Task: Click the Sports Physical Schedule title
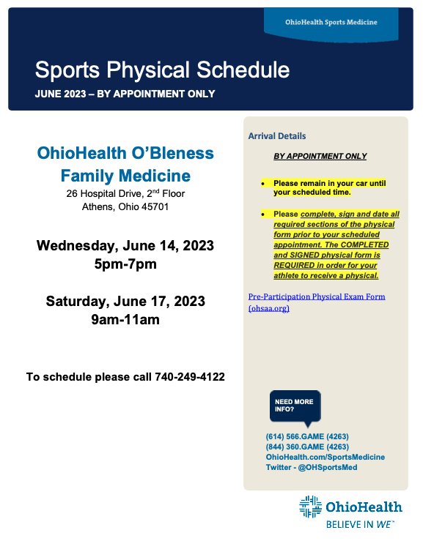point(162,70)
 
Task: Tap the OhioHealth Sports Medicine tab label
point(331,22)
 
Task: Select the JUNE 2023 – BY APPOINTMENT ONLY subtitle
point(125,94)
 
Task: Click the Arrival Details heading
point(277,136)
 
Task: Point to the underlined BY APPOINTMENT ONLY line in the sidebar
point(320,156)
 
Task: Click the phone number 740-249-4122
point(190,377)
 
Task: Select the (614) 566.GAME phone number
point(307,436)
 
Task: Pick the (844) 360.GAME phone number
point(307,447)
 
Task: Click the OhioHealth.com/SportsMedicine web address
point(325,457)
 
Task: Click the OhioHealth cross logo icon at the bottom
point(311,507)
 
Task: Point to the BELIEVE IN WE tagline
point(360,524)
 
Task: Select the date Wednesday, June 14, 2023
point(125,245)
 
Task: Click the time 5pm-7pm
point(125,264)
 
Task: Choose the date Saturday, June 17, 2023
point(125,301)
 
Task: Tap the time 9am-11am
point(125,319)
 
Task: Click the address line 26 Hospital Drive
point(125,194)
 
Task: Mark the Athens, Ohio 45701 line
point(125,206)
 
